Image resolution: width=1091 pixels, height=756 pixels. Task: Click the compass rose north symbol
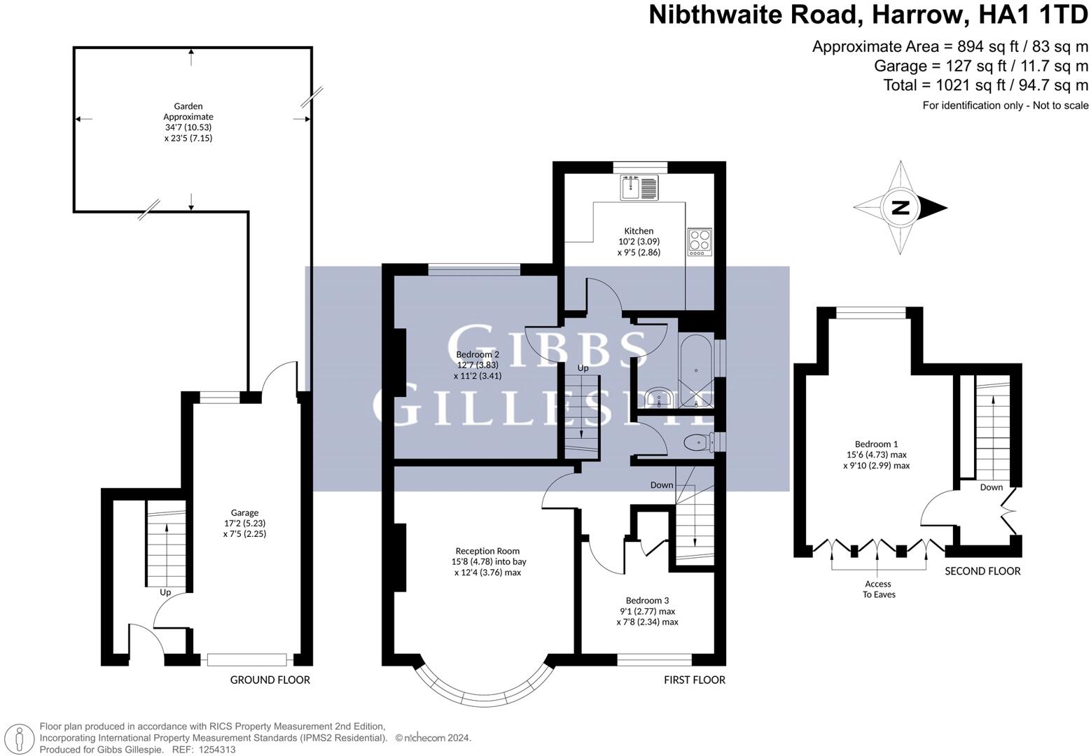click(901, 208)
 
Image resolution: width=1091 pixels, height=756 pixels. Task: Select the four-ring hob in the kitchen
click(698, 241)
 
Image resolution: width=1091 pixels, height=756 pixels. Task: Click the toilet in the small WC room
click(698, 442)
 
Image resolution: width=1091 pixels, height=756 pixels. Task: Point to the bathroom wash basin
click(658, 398)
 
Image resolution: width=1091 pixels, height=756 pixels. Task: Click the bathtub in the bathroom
click(695, 371)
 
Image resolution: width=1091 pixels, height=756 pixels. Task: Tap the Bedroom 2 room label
click(478, 365)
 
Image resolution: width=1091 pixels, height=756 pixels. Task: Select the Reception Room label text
click(487, 561)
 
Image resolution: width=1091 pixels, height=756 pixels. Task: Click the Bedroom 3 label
click(647, 610)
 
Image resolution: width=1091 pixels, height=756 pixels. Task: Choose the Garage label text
click(245, 523)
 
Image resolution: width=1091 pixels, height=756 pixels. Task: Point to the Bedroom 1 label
click(876, 454)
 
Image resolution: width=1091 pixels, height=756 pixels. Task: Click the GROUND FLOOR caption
click(270, 680)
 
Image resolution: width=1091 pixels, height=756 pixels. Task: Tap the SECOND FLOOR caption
click(982, 571)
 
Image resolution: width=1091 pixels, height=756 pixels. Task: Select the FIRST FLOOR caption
click(695, 680)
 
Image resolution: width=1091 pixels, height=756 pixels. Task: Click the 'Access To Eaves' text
click(878, 589)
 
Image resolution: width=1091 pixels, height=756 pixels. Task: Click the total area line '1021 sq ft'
click(985, 85)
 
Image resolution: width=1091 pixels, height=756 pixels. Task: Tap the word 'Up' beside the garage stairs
click(165, 592)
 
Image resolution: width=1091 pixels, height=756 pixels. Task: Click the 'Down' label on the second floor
click(991, 487)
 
